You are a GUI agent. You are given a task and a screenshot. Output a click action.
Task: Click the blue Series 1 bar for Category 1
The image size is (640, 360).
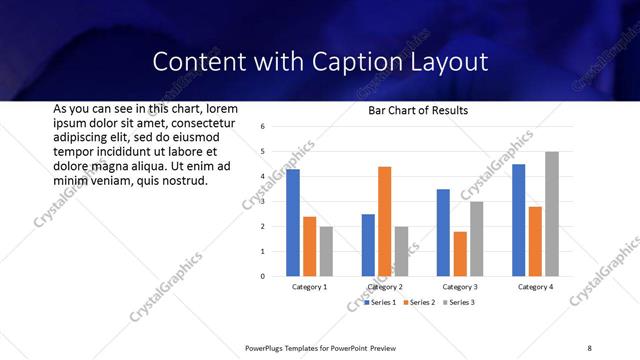click(x=293, y=223)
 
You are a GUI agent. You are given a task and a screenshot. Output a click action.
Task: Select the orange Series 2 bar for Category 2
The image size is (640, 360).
click(x=385, y=221)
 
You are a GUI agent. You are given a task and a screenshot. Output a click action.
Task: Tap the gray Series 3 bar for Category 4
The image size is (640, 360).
click(x=552, y=214)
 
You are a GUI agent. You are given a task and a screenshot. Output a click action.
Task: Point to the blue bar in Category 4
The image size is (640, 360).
click(x=518, y=220)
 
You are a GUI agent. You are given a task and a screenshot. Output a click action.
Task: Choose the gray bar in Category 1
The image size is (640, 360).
click(x=326, y=251)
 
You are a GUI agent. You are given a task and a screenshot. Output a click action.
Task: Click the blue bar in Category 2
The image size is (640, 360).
click(x=368, y=245)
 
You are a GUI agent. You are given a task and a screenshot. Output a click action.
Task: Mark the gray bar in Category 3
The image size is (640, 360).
click(x=477, y=239)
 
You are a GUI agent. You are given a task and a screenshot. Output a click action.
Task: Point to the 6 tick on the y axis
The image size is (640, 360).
click(x=261, y=127)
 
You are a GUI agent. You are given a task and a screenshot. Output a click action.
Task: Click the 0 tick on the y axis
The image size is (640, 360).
click(x=261, y=276)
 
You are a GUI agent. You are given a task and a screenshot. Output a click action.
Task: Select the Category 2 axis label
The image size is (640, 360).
click(x=385, y=287)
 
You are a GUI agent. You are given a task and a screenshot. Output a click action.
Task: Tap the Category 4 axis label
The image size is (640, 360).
click(x=536, y=287)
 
